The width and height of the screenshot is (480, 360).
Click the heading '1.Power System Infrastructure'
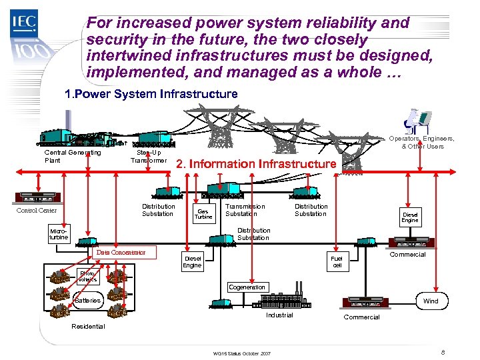click(151, 94)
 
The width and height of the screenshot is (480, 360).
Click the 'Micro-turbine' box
click(58, 234)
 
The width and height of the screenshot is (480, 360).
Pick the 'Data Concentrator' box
click(121, 253)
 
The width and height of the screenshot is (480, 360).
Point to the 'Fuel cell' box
click(336, 262)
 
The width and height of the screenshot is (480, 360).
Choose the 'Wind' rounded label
click(431, 301)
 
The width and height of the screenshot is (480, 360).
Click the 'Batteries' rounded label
click(87, 300)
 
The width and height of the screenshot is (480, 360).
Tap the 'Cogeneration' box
click(247, 287)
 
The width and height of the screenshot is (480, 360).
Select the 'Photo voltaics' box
click(88, 276)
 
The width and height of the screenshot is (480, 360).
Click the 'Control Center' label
click(37, 211)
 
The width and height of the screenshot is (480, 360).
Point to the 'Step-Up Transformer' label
click(148, 156)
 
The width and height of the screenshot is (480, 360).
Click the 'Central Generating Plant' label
click(72, 156)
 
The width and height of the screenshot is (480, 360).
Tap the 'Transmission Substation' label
click(245, 210)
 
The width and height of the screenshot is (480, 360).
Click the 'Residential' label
click(88, 326)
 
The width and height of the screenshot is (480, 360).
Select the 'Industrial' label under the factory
click(279, 315)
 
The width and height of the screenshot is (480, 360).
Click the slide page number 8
click(443, 351)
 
